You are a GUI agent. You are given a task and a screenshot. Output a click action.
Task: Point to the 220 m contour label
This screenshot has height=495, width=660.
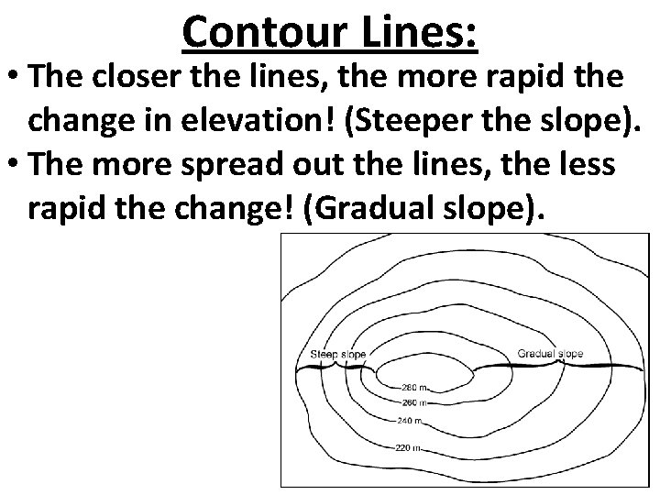click(406, 447)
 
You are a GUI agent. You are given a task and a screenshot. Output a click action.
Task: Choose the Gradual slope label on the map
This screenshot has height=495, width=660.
click(550, 353)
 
